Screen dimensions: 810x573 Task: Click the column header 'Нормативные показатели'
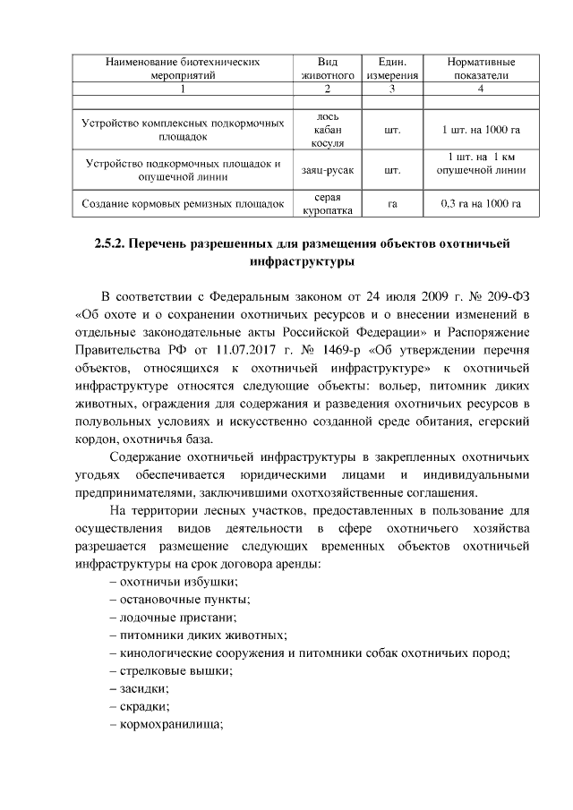(481, 69)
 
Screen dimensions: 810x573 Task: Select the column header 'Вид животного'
(328, 69)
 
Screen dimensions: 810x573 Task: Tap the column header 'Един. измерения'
(391, 69)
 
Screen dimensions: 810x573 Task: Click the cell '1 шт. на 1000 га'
(481, 130)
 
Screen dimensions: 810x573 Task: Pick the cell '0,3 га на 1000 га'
(481, 203)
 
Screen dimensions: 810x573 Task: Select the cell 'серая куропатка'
(328, 203)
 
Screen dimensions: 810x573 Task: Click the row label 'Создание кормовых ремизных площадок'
(183, 204)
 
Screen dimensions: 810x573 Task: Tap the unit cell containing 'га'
(391, 204)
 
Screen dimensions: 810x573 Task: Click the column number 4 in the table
(481, 90)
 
